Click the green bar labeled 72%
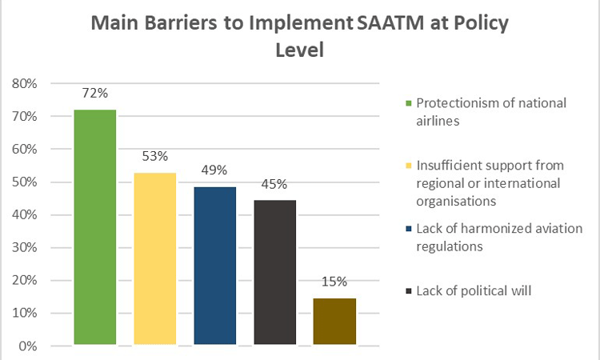tap(95, 227)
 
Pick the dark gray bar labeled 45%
tap(275, 272)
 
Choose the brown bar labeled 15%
tap(334, 322)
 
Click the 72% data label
tap(95, 94)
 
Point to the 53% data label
tap(155, 156)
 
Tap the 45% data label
tap(275, 184)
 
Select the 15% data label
tap(334, 282)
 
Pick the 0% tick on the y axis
tap(29, 346)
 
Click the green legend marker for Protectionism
tap(408, 104)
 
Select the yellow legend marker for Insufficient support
tap(408, 166)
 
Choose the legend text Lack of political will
tap(474, 290)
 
